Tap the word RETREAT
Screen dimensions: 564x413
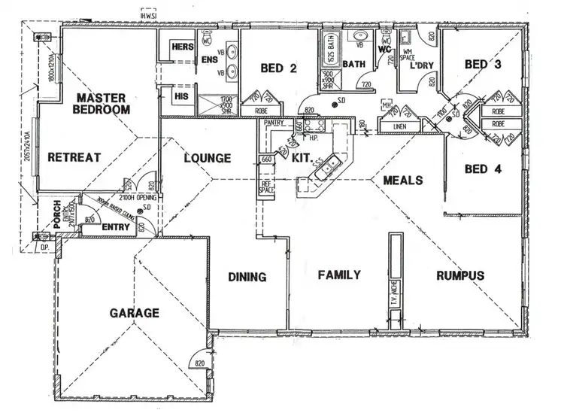[x=74, y=157]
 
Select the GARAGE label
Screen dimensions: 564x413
[x=133, y=313]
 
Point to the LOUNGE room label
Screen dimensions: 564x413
[x=206, y=159]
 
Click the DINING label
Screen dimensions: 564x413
[x=247, y=278]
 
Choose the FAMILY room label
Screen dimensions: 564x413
[x=338, y=275]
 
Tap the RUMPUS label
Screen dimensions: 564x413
[x=459, y=275]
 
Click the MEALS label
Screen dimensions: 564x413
[x=402, y=181]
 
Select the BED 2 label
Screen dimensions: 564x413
[x=278, y=68]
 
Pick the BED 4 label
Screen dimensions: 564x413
[x=482, y=169]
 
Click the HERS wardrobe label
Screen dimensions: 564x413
[x=183, y=47]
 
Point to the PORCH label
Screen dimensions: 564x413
[x=56, y=216]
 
